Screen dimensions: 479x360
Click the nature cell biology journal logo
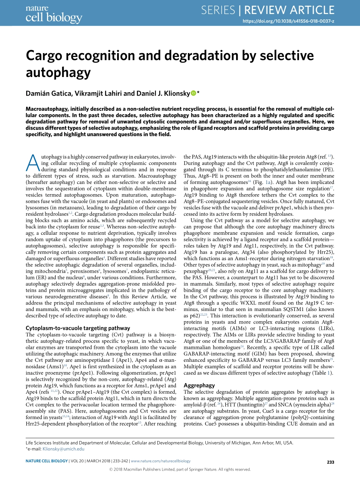coord(53,14)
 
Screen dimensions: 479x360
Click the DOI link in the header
coord(288,22)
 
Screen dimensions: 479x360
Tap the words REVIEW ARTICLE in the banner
coord(289,10)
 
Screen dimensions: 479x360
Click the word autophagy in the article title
coord(58,72)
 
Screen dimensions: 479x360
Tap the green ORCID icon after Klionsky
coord(193,93)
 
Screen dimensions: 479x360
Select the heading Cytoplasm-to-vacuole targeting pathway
coord(78,328)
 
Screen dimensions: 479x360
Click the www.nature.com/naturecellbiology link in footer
coord(160,461)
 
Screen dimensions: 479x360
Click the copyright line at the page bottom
coord(180,469)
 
